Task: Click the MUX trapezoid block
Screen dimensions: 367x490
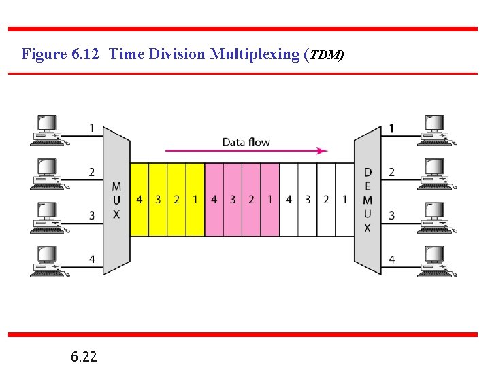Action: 116,200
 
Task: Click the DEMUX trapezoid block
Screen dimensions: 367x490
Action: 367,200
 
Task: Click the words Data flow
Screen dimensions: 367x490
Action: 246,142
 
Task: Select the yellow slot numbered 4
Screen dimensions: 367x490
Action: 139,200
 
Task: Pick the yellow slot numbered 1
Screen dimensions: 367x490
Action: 195,200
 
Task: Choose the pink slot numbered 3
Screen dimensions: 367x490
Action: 233,200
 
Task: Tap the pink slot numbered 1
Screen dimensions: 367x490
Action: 269,200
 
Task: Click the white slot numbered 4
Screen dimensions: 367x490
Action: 289,200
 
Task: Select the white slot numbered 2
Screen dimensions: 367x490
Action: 326,200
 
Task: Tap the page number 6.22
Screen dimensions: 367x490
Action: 83,355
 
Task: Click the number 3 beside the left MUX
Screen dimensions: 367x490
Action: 91,215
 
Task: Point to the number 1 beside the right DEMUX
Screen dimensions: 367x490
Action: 391,128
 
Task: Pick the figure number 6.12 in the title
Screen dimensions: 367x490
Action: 86,54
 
